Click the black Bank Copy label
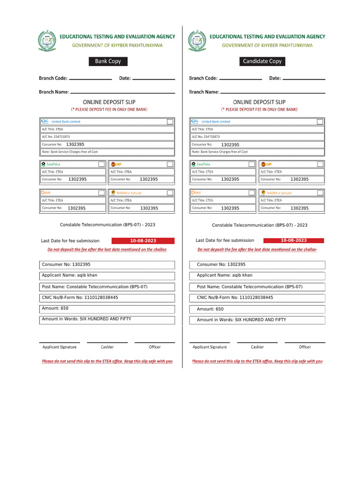point(108,61)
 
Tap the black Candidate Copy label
point(262,61)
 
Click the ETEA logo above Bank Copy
point(46,40)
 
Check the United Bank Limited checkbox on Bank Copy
point(170,121)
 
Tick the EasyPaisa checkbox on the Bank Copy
point(101,164)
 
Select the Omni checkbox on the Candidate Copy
point(251,193)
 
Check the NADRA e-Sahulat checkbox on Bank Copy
point(170,193)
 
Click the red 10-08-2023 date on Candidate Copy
point(293,240)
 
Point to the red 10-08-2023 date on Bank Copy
point(142,240)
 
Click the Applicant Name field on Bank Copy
point(107,276)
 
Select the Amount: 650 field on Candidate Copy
point(257,309)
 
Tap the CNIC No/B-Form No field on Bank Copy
point(107,298)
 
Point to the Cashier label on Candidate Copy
point(257,347)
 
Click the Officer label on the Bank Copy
point(155,347)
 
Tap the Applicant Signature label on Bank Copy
point(60,347)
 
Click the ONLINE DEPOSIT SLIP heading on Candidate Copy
point(259,102)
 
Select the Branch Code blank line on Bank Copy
point(90,79)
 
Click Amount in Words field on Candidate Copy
point(257,320)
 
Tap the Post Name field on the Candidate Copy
point(257,287)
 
